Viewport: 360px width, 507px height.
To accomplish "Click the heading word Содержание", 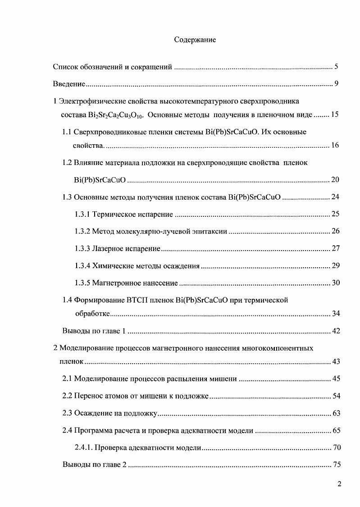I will [195, 40].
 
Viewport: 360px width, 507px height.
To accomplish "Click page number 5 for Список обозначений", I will [336, 67].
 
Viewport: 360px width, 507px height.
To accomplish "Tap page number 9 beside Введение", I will [336, 84].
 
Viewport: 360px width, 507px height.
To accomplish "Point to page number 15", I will [334, 114].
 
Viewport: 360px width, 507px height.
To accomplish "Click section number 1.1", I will [67, 132].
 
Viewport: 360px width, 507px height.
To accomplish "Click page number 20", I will [335, 179].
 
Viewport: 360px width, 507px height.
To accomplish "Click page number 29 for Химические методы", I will [335, 265].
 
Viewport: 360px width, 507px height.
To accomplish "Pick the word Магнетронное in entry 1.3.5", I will [113, 283].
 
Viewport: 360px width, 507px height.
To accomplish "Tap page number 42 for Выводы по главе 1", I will [335, 331].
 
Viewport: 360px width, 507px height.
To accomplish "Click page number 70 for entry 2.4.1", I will [335, 448].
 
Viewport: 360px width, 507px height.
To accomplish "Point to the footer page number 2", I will [339, 484].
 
